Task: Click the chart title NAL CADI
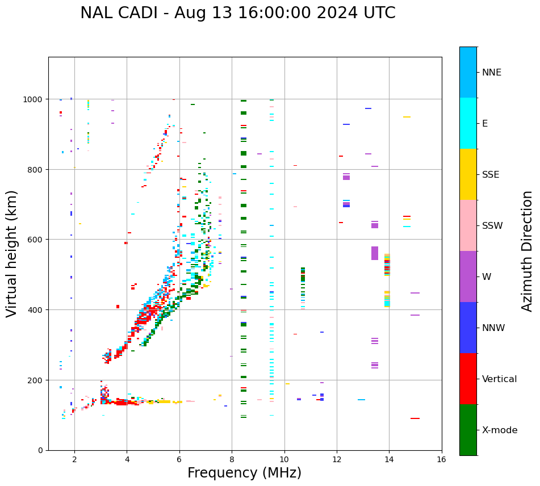[237, 13]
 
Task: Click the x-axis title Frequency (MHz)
[244, 473]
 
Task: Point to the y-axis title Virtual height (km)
[12, 253]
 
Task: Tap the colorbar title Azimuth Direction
[528, 251]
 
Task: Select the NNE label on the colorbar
[492, 73]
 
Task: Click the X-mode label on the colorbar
[500, 430]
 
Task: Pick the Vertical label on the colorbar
[500, 379]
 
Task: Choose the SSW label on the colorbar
[492, 226]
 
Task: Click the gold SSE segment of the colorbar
[468, 174]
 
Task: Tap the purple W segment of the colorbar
[468, 276]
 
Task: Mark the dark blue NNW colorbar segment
[468, 328]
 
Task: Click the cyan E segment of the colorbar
[468, 123]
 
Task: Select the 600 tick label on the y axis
[37, 240]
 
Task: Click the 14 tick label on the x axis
[389, 461]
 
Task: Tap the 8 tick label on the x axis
[232, 461]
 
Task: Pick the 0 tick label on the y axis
[41, 450]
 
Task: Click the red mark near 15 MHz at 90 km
[415, 418]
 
